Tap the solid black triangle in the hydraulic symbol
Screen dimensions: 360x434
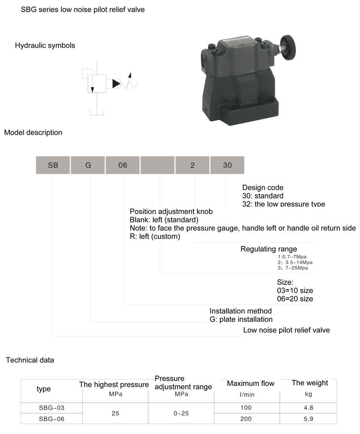pyautogui.click(x=116, y=83)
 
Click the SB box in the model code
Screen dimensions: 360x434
pyautogui.click(x=53, y=165)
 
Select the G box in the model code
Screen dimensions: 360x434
pyautogui.click(x=88, y=165)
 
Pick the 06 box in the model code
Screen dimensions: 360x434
pyautogui.click(x=123, y=165)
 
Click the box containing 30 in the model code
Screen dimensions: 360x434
pyautogui.click(x=227, y=165)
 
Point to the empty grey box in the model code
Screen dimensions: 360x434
pyautogui.click(x=158, y=165)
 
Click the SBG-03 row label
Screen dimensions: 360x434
pyautogui.click(x=52, y=408)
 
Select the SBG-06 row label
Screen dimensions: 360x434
pyautogui.click(x=52, y=419)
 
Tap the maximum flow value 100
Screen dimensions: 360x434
pyautogui.click(x=246, y=408)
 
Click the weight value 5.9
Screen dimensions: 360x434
pyautogui.click(x=308, y=419)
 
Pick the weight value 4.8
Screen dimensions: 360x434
pyautogui.click(x=308, y=408)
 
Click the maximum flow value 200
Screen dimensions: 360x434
pyautogui.click(x=246, y=419)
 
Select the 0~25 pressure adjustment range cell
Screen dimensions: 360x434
pyautogui.click(x=181, y=413)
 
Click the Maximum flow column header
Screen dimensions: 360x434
pyautogui.click(x=251, y=383)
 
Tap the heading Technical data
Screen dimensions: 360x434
pyautogui.click(x=30, y=360)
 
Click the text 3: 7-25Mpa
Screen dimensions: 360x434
pyautogui.click(x=293, y=268)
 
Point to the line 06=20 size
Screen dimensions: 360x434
pyautogui.click(x=295, y=299)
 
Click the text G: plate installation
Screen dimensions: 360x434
pyautogui.click(x=241, y=319)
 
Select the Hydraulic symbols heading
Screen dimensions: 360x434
pyautogui.click(x=45, y=45)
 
